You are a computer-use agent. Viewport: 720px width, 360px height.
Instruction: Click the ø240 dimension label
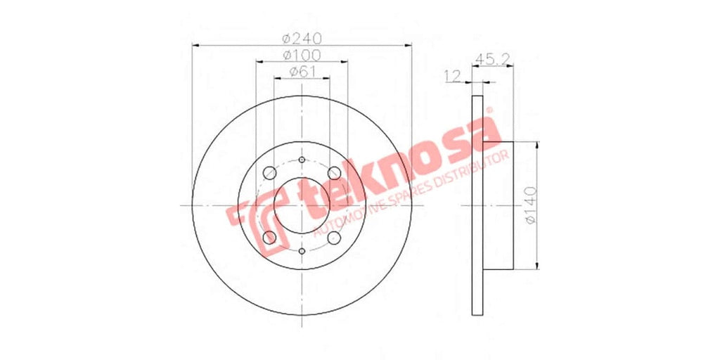point(302,39)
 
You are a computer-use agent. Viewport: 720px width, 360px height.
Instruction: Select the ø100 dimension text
point(302,55)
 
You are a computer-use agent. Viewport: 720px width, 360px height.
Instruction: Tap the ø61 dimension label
point(302,72)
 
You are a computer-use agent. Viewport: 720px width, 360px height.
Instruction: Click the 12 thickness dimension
point(452,76)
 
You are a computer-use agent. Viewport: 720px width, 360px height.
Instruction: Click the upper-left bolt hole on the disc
point(269,173)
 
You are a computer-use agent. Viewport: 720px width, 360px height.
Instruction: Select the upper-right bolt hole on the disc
point(334,173)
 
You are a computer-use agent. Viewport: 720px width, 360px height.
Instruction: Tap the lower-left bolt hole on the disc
point(269,238)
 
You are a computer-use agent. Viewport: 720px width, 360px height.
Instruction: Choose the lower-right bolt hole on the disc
point(334,238)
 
